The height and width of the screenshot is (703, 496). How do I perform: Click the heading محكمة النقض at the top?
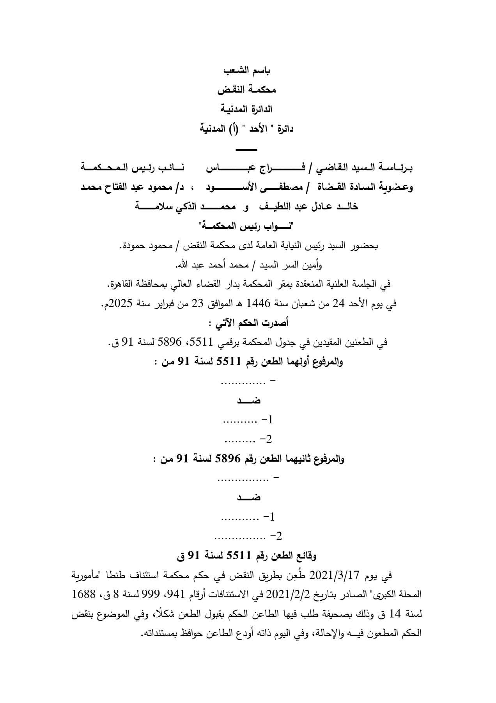[247, 90]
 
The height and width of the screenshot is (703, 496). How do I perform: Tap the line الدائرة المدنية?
[247, 109]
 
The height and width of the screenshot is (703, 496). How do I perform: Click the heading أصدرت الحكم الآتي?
[246, 323]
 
